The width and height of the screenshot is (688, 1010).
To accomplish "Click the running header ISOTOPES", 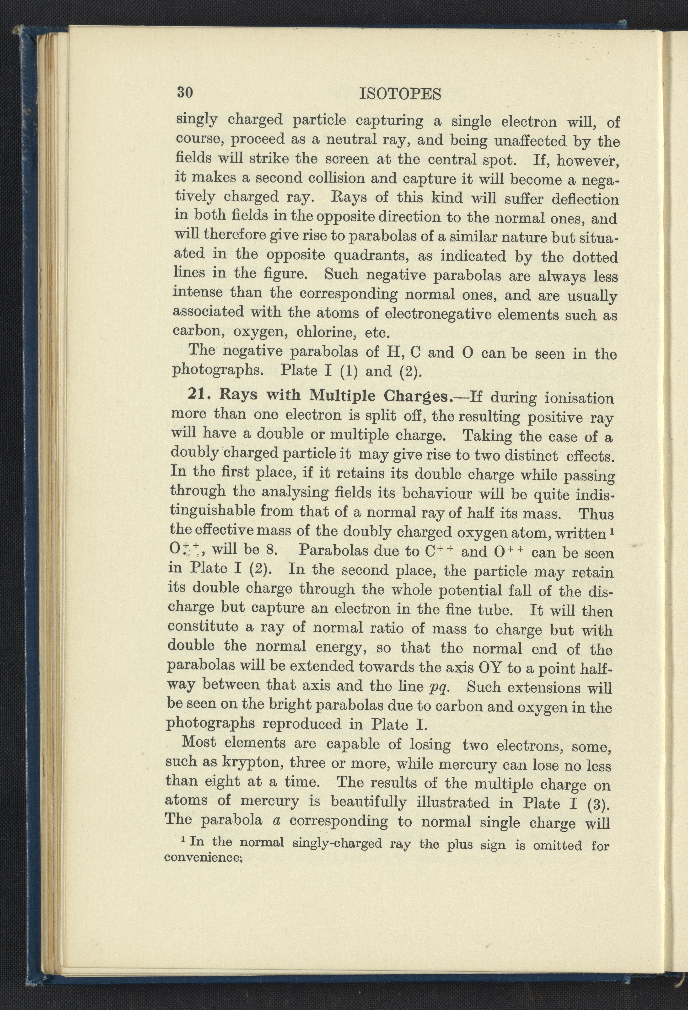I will click(400, 94).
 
